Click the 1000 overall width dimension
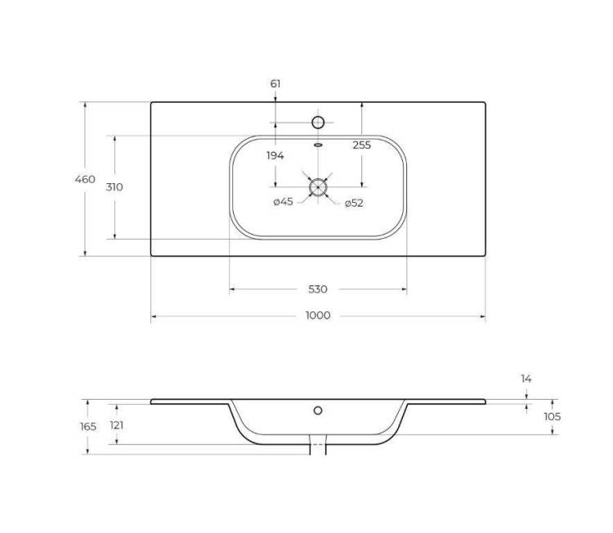pos(318,316)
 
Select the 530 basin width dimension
pos(318,289)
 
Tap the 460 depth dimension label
pos(85,179)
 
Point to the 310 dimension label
pos(114,187)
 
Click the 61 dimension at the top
pos(275,83)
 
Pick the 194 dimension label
pos(275,155)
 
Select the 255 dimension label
pos(361,145)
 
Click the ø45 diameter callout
pos(284,202)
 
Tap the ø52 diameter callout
pos(354,203)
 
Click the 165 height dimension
pos(88,426)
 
